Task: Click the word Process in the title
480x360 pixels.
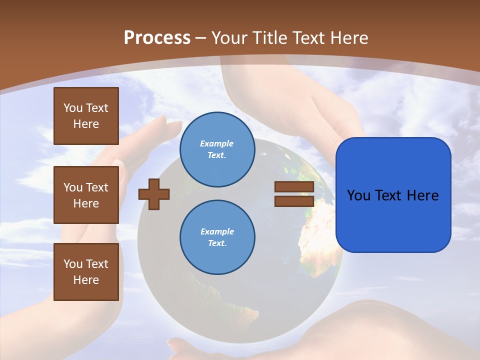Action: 157,38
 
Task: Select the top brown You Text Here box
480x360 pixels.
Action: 86,116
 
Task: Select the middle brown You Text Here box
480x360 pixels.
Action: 86,195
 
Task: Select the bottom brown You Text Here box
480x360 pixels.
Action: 86,271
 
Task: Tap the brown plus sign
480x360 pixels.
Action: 154,193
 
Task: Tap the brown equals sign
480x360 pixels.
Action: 294,194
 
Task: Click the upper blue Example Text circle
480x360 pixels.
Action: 217,149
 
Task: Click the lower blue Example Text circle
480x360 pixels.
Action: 217,237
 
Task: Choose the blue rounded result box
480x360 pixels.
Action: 393,195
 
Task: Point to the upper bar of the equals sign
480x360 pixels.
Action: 294,187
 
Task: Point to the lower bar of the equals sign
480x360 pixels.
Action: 294,201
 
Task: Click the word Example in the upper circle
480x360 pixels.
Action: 217,143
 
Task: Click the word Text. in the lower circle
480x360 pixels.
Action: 217,243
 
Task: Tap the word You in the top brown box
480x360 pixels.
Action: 73,108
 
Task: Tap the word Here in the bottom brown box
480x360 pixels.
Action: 86,280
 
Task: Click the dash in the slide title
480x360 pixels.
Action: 201,38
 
